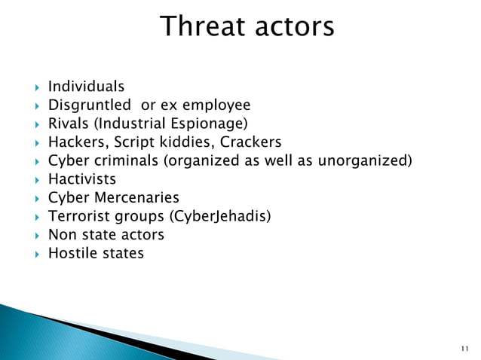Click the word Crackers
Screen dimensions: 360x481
250,142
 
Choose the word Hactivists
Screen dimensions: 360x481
82,179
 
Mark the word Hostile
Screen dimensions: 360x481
73,253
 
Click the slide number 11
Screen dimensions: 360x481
463,348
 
